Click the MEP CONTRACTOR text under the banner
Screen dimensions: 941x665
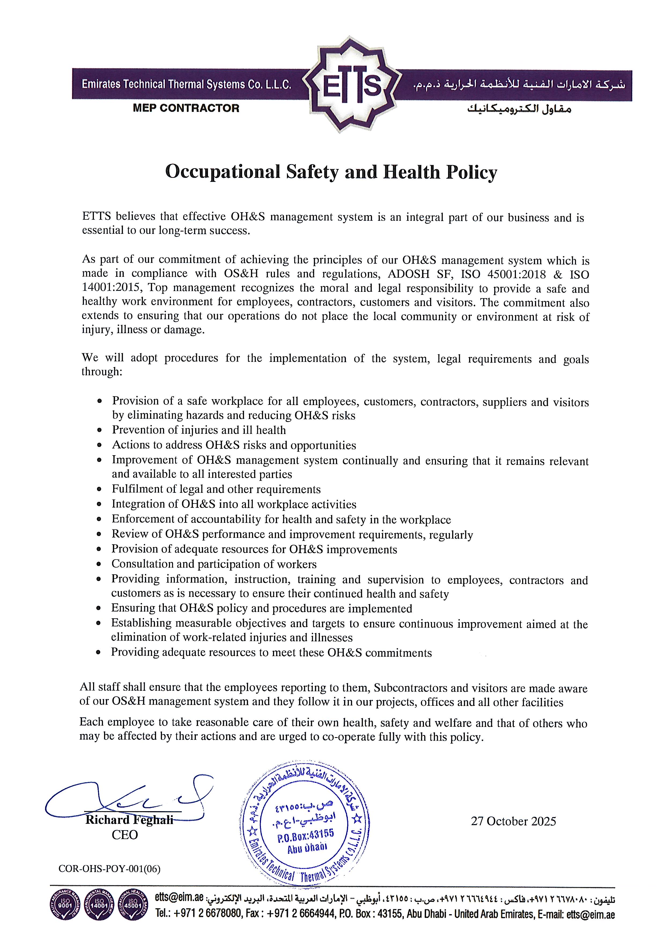[x=186, y=108]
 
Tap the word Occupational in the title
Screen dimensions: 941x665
[x=223, y=172]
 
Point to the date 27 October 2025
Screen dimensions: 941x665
[x=513, y=821]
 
